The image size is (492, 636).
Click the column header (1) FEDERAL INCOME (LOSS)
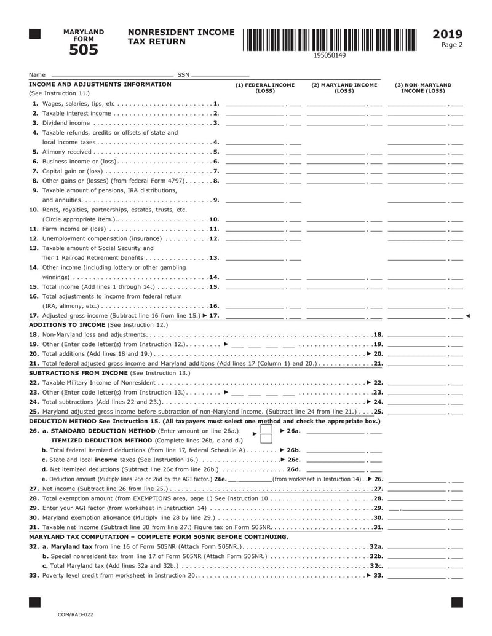pos(265,88)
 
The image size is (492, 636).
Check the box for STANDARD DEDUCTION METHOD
pos(266,431)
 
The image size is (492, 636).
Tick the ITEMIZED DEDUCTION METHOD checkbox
pos(266,440)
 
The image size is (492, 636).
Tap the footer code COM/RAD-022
pos(76,614)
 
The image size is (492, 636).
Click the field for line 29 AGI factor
pos(424,509)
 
